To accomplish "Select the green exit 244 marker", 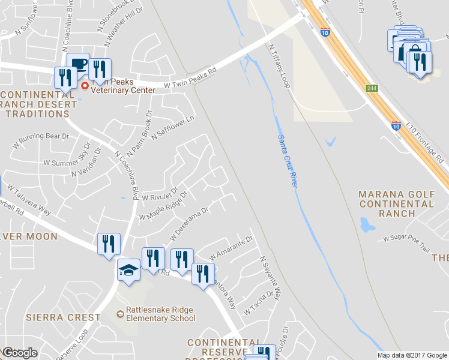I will pos(372,88).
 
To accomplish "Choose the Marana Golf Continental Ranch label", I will pos(396,203).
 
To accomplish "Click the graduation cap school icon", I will pos(128,269).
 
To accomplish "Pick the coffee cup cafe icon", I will pos(78,63).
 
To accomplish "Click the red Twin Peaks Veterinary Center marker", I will pos(85,86).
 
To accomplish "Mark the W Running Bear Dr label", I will pos(41,140).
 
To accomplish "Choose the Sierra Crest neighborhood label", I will pos(63,317).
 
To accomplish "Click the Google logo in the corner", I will pos(19,353).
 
